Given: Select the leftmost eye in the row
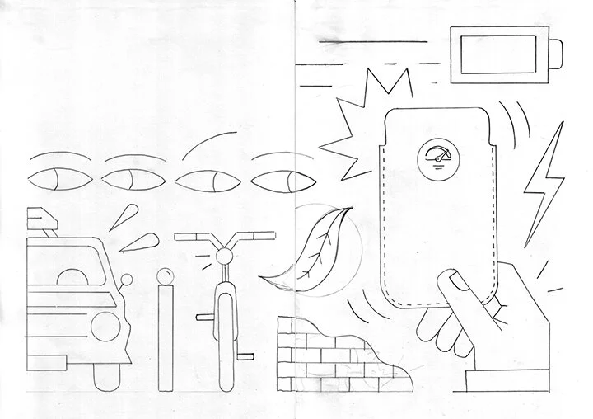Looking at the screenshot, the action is (x=55, y=178).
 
